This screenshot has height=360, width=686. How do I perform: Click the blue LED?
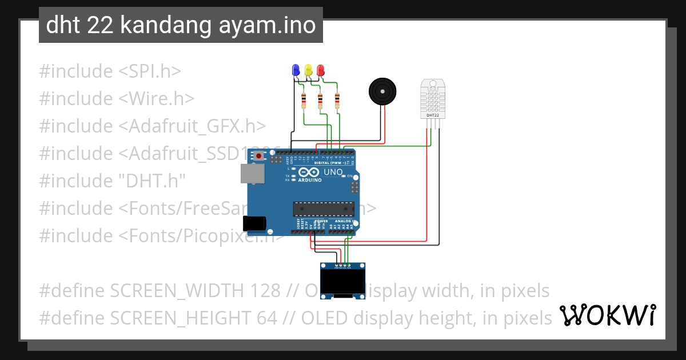pos(296,70)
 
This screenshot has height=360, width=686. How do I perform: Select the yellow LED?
pos(308,70)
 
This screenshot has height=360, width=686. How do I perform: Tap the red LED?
pos(320,70)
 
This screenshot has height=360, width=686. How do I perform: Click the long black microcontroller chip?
pos(324,210)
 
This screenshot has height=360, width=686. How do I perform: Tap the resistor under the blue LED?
pos(304,101)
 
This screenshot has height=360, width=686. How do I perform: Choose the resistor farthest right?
pos(337,101)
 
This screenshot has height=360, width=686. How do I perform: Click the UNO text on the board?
pos(333,172)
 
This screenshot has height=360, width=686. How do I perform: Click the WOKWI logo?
pos(608,315)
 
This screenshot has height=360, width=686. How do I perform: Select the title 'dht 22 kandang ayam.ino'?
pos(181,25)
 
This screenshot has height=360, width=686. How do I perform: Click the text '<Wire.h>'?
pos(157,98)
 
